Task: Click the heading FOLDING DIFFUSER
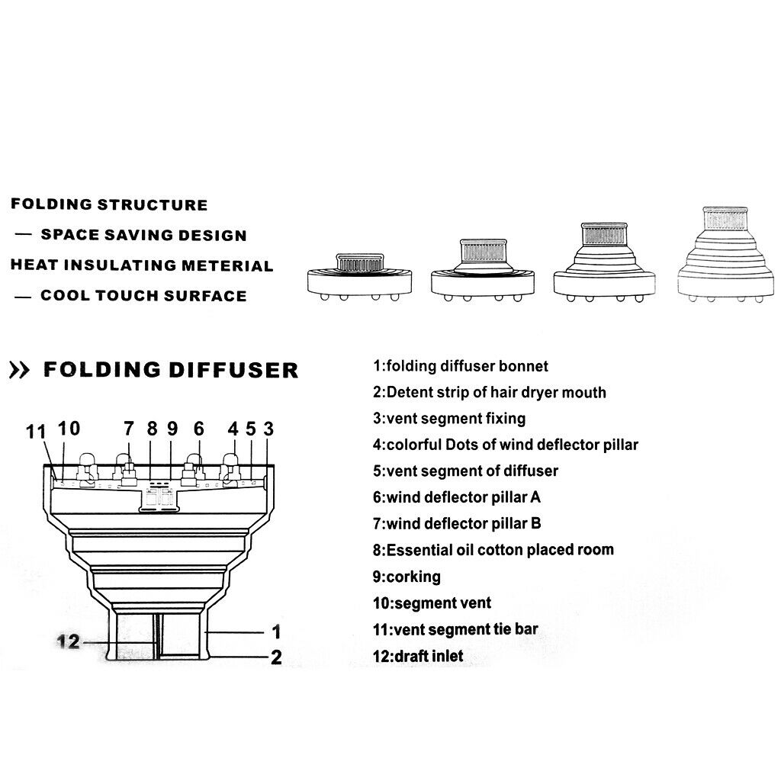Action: (171, 370)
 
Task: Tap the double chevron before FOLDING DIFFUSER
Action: (19, 371)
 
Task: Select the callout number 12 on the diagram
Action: (69, 641)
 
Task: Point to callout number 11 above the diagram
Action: (36, 432)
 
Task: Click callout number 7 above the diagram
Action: (128, 429)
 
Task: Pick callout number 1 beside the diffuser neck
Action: (276, 632)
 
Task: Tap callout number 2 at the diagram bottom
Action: (276, 657)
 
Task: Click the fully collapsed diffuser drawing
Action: (360, 277)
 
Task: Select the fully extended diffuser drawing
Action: (725, 254)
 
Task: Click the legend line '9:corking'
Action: (407, 577)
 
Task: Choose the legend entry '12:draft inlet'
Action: (418, 656)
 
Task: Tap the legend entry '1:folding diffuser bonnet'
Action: (460, 366)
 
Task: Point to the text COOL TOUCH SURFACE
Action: (143, 296)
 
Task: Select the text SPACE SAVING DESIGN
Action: (143, 235)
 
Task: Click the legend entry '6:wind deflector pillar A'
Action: (456, 497)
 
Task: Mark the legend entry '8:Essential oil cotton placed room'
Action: (493, 550)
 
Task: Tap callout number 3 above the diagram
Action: (268, 429)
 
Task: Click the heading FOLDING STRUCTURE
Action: (109, 204)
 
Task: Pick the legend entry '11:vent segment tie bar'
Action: (455, 629)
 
